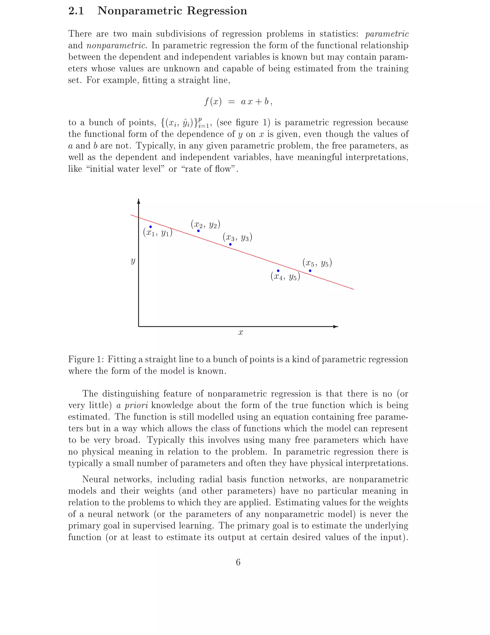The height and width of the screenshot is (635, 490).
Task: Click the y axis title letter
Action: coord(133,261)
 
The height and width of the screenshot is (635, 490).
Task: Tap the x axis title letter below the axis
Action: coord(240,333)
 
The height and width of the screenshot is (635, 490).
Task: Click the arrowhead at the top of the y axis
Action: coord(139,201)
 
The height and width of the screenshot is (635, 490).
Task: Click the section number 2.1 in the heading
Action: coord(76,11)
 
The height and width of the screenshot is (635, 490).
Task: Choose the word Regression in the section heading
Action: coord(217,11)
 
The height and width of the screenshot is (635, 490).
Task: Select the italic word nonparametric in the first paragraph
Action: coord(116,46)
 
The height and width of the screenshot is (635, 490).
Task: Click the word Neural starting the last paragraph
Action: coord(95,479)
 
